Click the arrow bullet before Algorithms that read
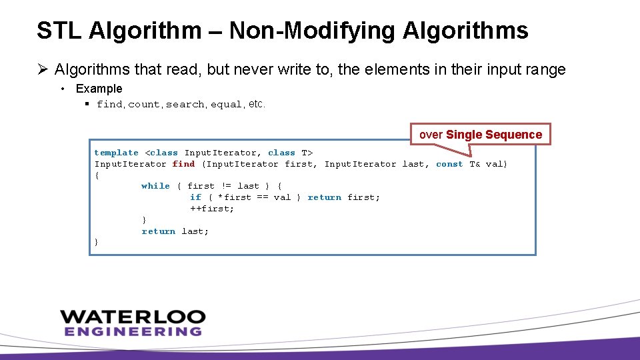(x=43, y=69)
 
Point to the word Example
(x=99, y=89)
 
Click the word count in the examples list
(x=144, y=105)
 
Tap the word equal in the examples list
(x=227, y=105)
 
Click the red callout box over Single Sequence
(x=481, y=135)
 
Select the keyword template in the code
(x=117, y=153)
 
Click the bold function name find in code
(x=183, y=164)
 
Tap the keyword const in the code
(x=449, y=164)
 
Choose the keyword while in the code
(x=155, y=186)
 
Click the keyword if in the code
(x=195, y=197)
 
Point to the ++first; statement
(x=212, y=209)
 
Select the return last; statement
(x=175, y=231)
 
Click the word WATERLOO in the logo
(x=133, y=317)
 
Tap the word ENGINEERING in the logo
(x=133, y=331)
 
